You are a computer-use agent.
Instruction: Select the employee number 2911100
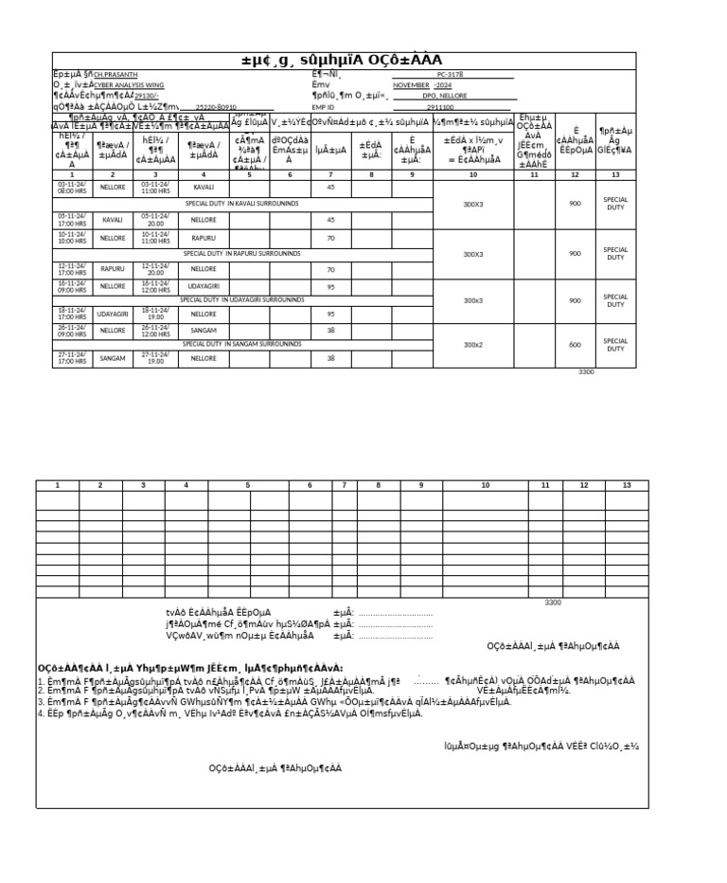(441, 107)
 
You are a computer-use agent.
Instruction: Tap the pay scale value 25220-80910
(216, 107)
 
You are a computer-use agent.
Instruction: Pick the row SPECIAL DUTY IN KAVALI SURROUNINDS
(241, 204)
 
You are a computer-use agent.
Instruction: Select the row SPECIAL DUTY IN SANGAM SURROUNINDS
(241, 344)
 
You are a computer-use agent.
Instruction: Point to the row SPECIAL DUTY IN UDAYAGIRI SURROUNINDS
(241, 299)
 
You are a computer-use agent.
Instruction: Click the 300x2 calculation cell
(472, 345)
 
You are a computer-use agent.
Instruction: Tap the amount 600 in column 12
(575, 345)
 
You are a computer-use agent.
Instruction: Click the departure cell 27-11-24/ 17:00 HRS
(72, 359)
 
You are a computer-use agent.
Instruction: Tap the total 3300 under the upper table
(586, 372)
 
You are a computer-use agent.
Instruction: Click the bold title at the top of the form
(342, 61)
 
